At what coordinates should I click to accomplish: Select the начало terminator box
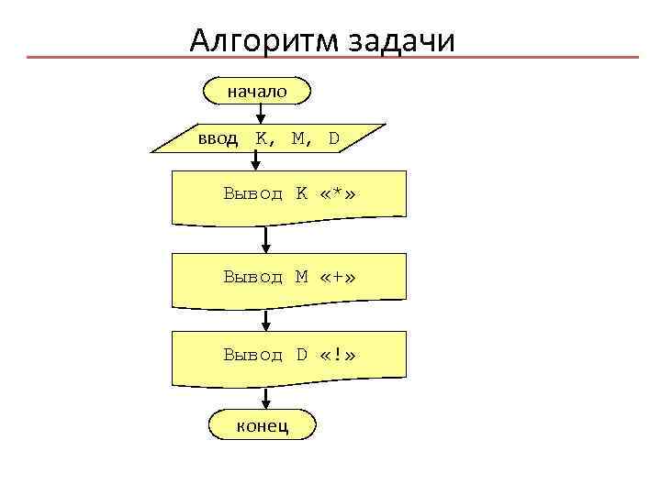coord(258,91)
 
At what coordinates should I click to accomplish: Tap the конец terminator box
coord(263,424)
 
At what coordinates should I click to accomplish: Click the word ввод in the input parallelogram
coord(218,138)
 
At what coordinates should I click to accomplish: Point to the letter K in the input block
coord(263,138)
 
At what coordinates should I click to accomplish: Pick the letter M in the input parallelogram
coord(299,138)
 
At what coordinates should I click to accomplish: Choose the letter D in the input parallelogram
coord(333,138)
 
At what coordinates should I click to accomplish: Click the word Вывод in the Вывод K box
coord(253,194)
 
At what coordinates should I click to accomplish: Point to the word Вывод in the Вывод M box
coord(253,277)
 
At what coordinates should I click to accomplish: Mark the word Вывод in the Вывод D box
coord(253,355)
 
